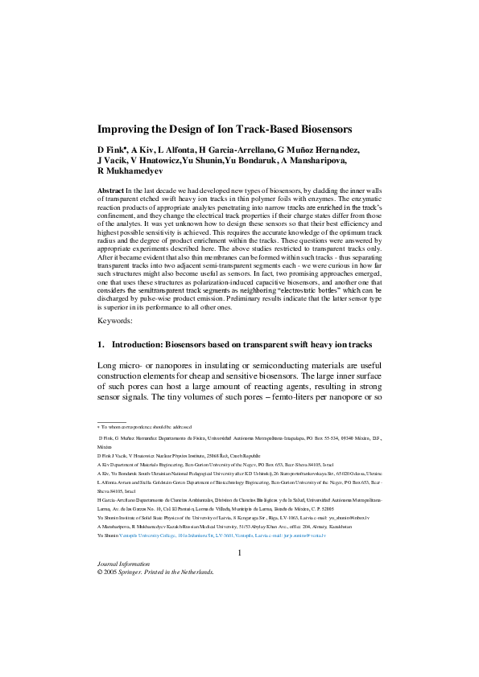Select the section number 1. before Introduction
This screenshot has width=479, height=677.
tap(101, 345)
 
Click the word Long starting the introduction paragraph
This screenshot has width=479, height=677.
tap(108, 367)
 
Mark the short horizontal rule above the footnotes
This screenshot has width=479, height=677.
tap(112, 421)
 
